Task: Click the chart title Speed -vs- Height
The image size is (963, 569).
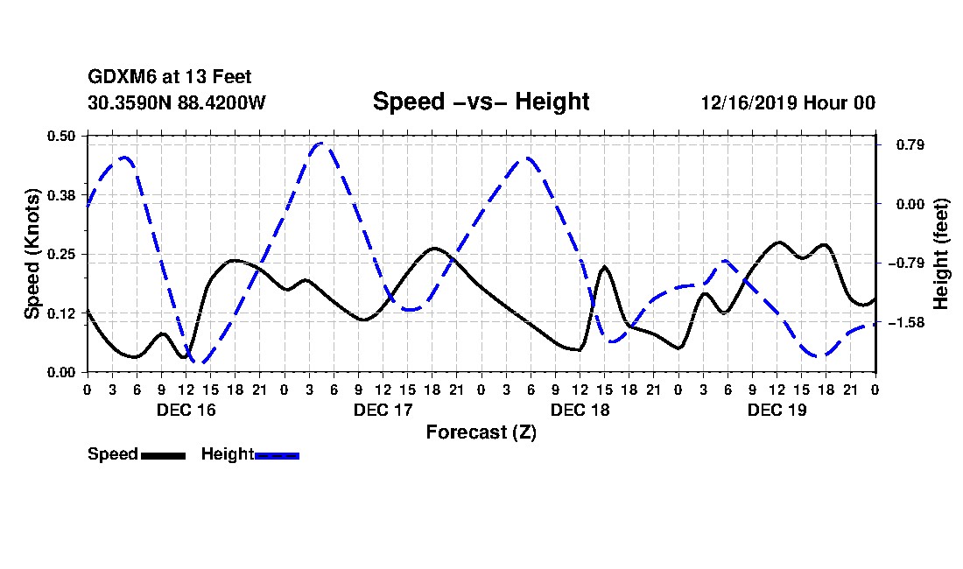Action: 481,102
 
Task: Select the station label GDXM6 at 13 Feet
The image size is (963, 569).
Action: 170,78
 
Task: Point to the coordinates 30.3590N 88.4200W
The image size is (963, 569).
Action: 177,102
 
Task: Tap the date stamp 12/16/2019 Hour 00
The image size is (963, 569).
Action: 788,102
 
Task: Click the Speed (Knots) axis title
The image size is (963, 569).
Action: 32,253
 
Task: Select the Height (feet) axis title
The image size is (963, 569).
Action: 942,254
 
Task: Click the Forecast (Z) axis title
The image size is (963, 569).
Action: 481,432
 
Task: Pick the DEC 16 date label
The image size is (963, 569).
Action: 186,410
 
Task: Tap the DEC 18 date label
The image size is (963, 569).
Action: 580,410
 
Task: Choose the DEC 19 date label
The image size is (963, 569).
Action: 777,410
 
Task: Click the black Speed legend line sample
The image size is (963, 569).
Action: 163,455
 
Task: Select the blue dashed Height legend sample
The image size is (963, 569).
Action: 277,455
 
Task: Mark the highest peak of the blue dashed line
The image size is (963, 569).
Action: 321,143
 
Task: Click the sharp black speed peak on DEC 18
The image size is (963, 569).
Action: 604,267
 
